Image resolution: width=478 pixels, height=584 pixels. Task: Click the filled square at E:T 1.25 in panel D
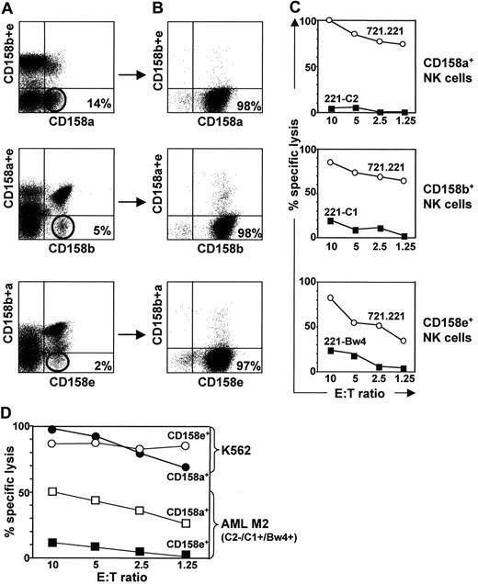click(186, 555)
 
